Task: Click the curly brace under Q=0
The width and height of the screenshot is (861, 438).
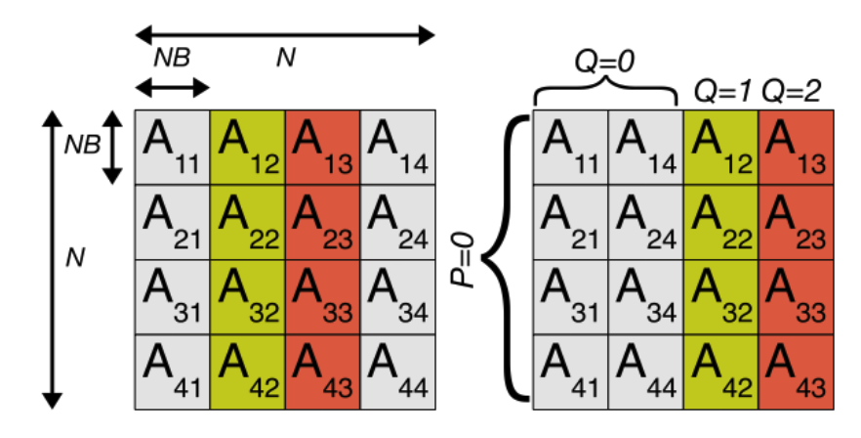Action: [x=605, y=93]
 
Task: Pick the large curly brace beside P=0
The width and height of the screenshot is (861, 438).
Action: [x=509, y=258]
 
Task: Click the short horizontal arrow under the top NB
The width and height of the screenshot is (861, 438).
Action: [x=172, y=88]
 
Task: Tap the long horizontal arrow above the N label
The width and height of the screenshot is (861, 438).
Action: [x=284, y=36]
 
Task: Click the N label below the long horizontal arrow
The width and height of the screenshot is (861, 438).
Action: [x=285, y=59]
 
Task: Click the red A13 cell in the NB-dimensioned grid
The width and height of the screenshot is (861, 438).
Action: [x=322, y=147]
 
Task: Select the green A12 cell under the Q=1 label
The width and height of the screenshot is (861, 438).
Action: [x=719, y=147]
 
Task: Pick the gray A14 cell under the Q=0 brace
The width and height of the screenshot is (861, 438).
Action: [x=645, y=147]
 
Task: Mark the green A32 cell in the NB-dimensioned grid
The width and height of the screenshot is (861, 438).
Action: [x=247, y=296]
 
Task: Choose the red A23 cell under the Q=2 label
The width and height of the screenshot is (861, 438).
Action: [x=794, y=221]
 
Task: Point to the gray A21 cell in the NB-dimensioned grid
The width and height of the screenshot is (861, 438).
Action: [x=172, y=221]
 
